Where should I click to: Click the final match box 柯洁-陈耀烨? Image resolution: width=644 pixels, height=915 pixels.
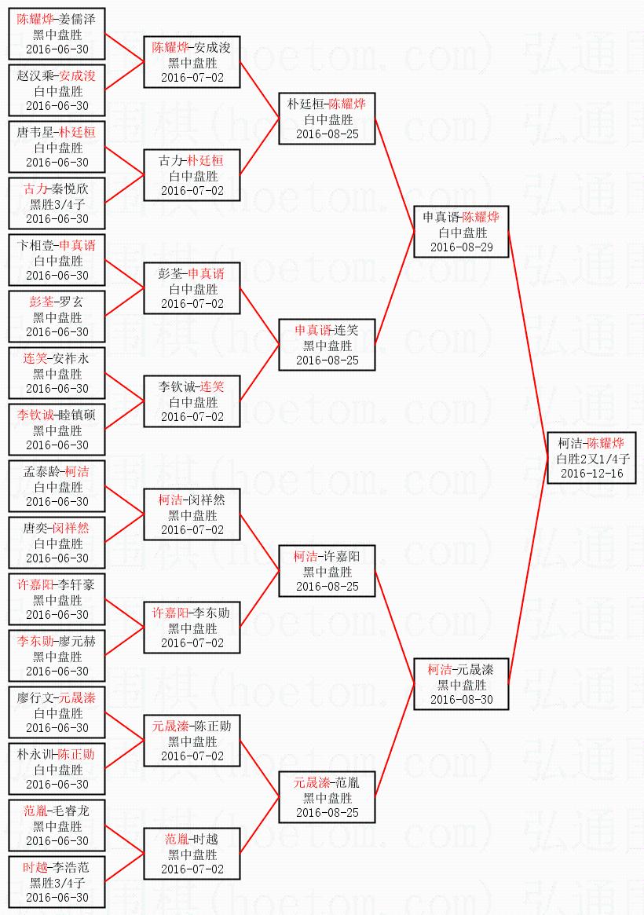[x=591, y=458]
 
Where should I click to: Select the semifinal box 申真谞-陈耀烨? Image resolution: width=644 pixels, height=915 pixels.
[x=461, y=232]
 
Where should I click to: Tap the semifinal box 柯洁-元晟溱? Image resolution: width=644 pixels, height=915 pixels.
[x=461, y=684]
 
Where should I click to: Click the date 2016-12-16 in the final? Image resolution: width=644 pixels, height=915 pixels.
[x=591, y=474]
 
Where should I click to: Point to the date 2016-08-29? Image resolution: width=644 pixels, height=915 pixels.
[x=462, y=247]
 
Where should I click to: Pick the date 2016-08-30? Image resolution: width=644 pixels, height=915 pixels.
[x=462, y=699]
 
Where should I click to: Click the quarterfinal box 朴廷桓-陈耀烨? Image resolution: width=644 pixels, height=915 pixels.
[x=327, y=119]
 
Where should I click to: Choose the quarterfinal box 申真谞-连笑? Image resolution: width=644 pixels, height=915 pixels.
[x=327, y=345]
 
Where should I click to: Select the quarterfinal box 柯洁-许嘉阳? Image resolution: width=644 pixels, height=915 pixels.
[x=327, y=571]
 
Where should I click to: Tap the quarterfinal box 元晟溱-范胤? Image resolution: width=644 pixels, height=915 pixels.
[x=327, y=797]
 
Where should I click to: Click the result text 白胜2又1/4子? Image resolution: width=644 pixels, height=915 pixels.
[x=592, y=459]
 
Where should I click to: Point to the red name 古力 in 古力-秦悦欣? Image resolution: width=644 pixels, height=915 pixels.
[x=35, y=188]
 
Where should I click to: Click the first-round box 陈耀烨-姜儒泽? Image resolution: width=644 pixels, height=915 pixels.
[x=57, y=34]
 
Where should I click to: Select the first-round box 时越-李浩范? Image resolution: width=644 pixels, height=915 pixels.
[x=57, y=882]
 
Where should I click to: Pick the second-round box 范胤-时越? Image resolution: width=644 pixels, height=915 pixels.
[x=192, y=854]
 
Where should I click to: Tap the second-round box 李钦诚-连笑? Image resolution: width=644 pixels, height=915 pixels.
[x=192, y=401]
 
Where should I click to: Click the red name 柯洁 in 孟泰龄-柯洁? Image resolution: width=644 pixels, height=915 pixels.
[x=77, y=471]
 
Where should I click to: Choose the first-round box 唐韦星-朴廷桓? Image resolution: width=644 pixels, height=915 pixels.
[x=57, y=147]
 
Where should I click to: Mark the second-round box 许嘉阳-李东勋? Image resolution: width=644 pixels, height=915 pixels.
[x=192, y=628]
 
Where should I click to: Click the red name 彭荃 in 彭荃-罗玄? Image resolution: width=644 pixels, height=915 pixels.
[x=41, y=302]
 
